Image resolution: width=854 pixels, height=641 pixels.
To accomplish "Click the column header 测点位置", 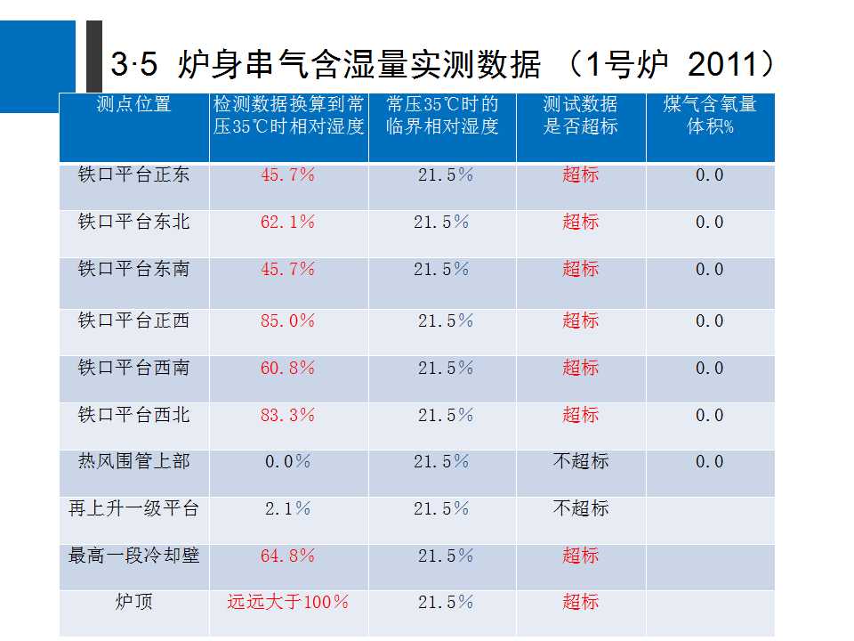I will [x=133, y=104].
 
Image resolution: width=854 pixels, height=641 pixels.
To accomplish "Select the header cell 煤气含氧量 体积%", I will [x=710, y=115].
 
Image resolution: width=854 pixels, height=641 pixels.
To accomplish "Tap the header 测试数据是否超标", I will [x=580, y=115].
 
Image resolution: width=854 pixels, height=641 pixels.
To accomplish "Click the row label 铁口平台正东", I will [x=133, y=174].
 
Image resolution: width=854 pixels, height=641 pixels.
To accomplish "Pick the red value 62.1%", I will [x=287, y=222].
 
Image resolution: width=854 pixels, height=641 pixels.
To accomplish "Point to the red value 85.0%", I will [x=287, y=320].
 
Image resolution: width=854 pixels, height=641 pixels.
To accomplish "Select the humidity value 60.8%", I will [x=287, y=368].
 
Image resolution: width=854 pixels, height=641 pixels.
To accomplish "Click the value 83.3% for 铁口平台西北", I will [x=287, y=415].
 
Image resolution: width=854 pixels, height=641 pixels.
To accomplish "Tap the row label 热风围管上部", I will [x=133, y=461].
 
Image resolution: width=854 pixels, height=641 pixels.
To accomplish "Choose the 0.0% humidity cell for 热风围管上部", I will [x=287, y=462].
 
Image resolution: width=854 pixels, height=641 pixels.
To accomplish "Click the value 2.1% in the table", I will [x=287, y=508].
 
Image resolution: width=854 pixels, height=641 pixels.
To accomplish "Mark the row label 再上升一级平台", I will [x=133, y=508].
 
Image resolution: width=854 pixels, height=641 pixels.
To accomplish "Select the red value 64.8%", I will [x=287, y=556].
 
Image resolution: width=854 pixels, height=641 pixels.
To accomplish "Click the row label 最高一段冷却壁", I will [x=133, y=556].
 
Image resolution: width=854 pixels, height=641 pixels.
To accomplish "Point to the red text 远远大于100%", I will [x=287, y=602].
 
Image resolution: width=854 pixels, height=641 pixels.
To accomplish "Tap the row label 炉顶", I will [x=133, y=602].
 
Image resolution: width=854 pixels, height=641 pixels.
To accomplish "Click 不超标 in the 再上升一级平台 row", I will [x=580, y=508].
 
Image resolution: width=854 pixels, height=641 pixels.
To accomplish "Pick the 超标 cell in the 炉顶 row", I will [x=580, y=602].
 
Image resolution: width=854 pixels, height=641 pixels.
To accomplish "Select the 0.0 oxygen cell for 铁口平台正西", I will [x=709, y=320].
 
